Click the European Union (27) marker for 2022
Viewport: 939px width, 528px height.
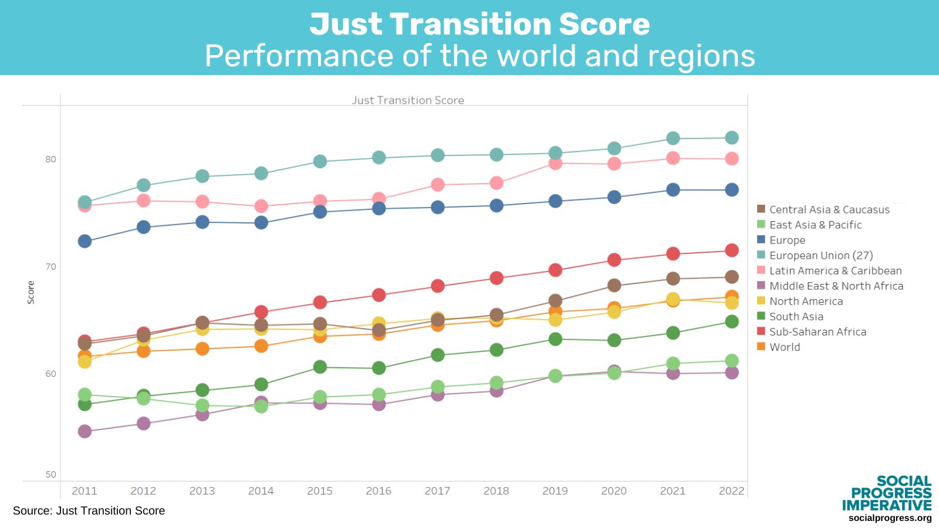(731, 138)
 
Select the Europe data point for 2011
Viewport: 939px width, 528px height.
(85, 241)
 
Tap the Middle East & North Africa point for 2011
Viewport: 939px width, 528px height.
(85, 431)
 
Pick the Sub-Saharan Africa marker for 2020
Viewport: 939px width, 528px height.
(614, 260)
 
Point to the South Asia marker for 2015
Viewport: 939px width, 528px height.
(320, 367)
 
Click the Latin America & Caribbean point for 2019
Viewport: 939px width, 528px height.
(555, 163)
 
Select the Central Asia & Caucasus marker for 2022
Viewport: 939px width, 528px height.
(731, 277)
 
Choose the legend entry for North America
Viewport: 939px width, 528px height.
(806, 301)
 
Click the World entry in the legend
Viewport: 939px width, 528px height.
(785, 347)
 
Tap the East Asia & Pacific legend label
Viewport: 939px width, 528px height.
(815, 225)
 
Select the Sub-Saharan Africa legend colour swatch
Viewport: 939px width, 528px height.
(761, 331)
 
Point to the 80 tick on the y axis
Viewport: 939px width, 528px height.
(50, 159)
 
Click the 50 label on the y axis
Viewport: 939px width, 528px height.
(50, 475)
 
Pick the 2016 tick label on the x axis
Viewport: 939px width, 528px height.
(379, 491)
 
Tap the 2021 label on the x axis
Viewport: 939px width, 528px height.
(673, 491)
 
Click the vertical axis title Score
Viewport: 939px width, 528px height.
(31, 292)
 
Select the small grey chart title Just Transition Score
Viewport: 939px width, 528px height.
(408, 100)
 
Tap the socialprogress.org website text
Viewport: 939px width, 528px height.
(890, 518)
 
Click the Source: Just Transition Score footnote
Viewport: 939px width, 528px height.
(89, 511)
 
